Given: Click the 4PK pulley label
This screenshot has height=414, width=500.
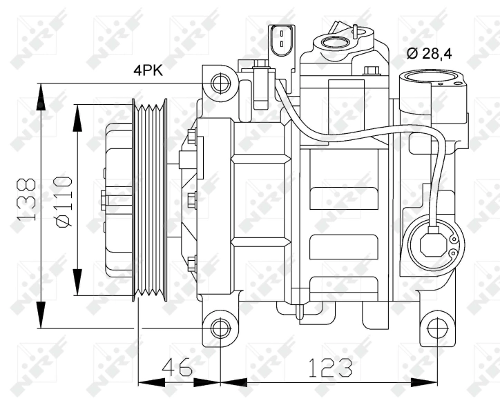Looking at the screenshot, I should click(149, 70).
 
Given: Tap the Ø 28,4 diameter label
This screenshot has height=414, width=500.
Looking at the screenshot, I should click(429, 53).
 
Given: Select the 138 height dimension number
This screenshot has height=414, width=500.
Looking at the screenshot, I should click(26, 199).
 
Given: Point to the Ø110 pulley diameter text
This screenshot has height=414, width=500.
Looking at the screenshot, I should click(63, 199).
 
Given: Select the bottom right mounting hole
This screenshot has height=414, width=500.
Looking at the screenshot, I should click(437, 328).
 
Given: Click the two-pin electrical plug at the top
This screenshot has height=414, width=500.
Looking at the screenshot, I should click(280, 39).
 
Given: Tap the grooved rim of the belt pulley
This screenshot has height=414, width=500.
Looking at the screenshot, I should click(151, 200).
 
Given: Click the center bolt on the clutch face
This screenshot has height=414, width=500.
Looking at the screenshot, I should click(104, 199).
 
